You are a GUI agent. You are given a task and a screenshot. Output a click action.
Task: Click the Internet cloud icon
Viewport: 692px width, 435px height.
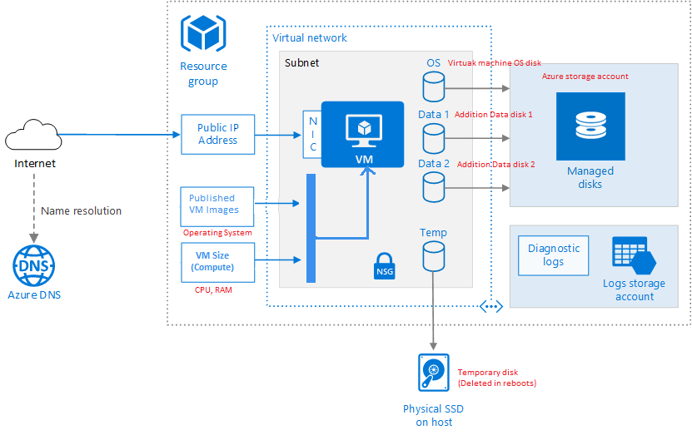(33, 135)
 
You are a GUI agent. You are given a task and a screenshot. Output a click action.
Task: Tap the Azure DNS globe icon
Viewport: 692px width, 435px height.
(34, 266)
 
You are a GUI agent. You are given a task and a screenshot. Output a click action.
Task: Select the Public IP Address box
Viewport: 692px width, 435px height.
(217, 135)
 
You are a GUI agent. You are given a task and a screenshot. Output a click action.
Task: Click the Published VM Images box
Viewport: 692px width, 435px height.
(217, 207)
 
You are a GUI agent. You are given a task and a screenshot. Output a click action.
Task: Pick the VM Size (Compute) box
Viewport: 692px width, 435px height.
(217, 262)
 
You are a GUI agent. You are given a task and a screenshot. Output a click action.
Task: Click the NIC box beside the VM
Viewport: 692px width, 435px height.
(312, 135)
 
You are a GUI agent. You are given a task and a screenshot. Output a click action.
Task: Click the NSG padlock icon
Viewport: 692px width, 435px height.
(385, 266)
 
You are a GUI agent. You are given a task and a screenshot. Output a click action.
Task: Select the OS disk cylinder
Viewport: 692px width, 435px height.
(433, 87)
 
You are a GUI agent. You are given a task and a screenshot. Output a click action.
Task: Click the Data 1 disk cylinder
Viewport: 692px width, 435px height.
(433, 138)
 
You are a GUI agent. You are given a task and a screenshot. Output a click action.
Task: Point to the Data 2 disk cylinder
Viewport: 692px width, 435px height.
(433, 187)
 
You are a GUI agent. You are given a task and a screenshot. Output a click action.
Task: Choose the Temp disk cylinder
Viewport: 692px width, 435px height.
(433, 256)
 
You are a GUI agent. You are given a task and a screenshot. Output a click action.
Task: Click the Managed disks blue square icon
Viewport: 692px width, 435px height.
(590, 126)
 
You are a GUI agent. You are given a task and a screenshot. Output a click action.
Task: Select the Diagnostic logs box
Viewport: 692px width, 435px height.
(553, 255)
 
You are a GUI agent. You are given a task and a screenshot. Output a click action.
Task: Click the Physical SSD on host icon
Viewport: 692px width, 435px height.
(433, 373)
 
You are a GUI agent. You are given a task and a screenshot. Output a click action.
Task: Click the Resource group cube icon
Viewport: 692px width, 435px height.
(203, 33)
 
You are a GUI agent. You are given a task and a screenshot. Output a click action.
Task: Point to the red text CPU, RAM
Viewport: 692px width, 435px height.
(213, 290)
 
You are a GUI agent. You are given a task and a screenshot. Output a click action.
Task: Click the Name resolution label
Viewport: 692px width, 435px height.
(82, 211)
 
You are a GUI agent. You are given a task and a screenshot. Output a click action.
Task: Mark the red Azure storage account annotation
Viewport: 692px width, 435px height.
(585, 77)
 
